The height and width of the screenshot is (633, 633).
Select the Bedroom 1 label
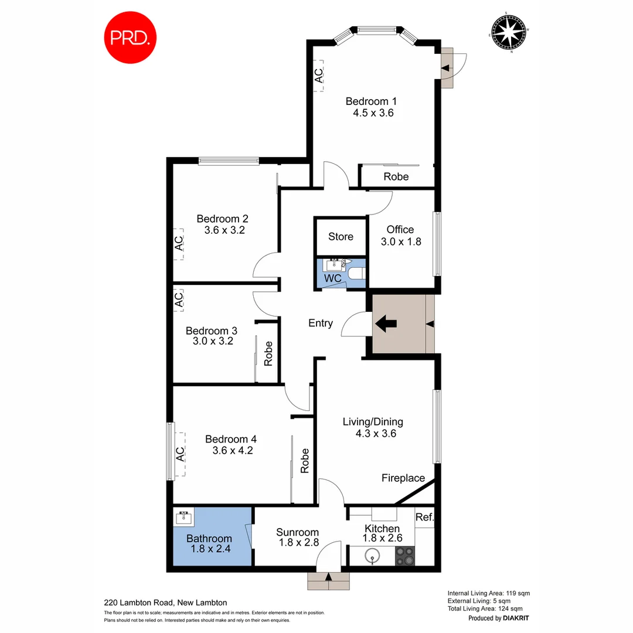(366, 101)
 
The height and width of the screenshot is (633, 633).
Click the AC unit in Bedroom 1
(318, 75)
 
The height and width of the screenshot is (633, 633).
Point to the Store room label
(341, 237)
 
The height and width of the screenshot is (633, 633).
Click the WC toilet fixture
(356, 273)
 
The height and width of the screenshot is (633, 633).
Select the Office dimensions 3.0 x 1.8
(400, 241)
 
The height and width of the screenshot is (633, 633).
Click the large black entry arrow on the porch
(385, 323)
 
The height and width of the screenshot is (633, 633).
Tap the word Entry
(321, 323)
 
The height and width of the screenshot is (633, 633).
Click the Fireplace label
(403, 478)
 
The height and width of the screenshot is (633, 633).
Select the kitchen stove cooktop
(404, 555)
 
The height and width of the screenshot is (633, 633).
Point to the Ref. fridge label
(424, 517)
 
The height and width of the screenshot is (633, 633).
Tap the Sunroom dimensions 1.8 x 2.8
(298, 543)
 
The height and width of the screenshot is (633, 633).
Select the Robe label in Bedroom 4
(305, 461)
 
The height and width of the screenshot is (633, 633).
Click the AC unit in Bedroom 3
(179, 300)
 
